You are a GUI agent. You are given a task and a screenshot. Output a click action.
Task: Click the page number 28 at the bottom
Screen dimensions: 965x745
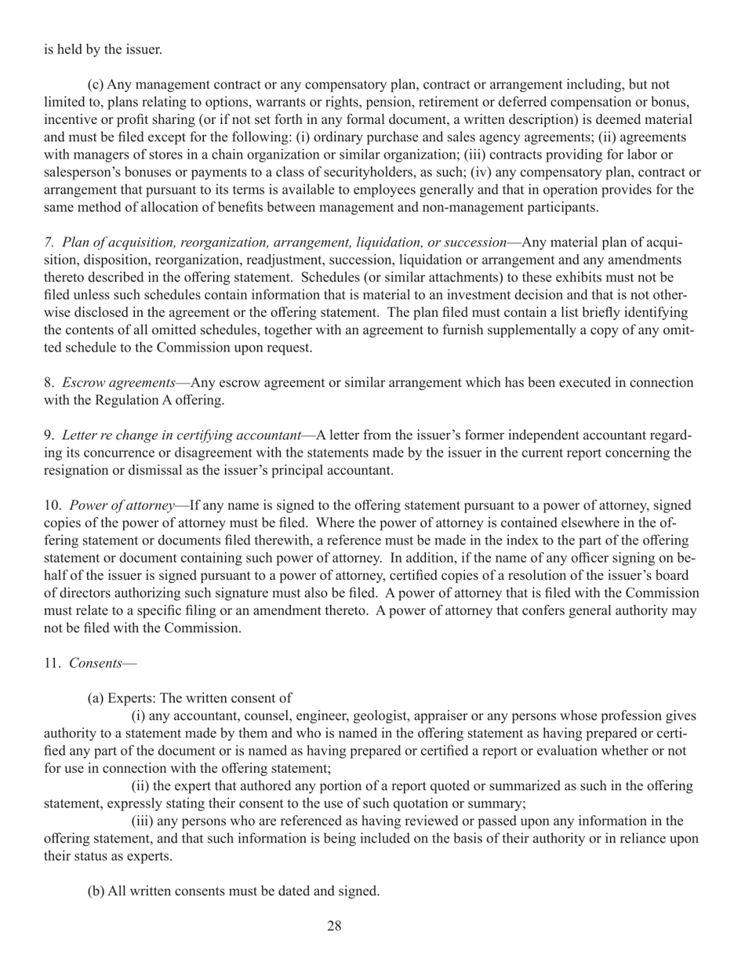tap(334, 926)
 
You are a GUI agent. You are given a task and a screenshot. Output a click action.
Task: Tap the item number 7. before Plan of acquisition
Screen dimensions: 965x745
tap(49, 242)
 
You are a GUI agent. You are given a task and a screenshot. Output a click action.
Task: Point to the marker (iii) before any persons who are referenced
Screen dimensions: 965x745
tap(144, 821)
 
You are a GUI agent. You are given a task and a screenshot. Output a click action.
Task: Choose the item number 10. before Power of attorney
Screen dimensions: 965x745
tap(53, 506)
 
